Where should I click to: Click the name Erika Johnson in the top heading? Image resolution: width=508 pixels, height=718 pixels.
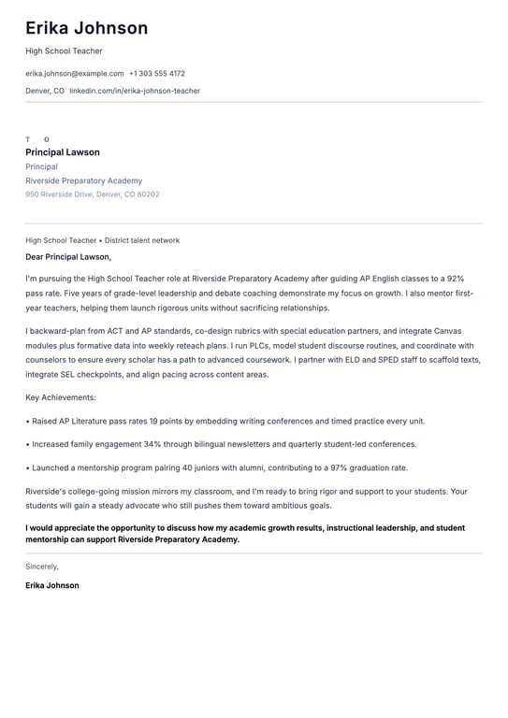coord(86,28)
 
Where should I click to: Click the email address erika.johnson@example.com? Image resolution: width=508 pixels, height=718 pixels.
coord(74,73)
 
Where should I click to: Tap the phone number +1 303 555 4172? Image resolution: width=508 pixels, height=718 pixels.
coord(157,73)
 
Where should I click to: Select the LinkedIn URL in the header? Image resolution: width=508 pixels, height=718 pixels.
coord(135,91)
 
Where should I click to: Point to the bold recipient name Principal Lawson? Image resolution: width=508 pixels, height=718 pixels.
coord(63,152)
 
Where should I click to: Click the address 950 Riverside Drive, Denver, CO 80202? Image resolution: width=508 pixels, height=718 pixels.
coord(93,194)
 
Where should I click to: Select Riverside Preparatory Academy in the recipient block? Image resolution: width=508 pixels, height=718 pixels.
coord(84,180)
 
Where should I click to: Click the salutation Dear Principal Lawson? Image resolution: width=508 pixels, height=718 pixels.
coord(68,256)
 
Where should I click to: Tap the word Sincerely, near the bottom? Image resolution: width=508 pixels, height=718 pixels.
coord(42,567)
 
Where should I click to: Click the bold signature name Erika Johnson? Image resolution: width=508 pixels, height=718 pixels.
coord(52,585)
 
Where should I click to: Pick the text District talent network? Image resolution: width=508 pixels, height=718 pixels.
coord(142,240)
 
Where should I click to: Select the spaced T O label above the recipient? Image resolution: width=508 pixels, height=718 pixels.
coord(37,139)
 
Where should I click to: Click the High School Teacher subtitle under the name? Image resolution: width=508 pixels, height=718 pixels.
coord(64,50)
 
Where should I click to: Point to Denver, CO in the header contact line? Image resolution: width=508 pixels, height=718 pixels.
coord(45,91)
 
